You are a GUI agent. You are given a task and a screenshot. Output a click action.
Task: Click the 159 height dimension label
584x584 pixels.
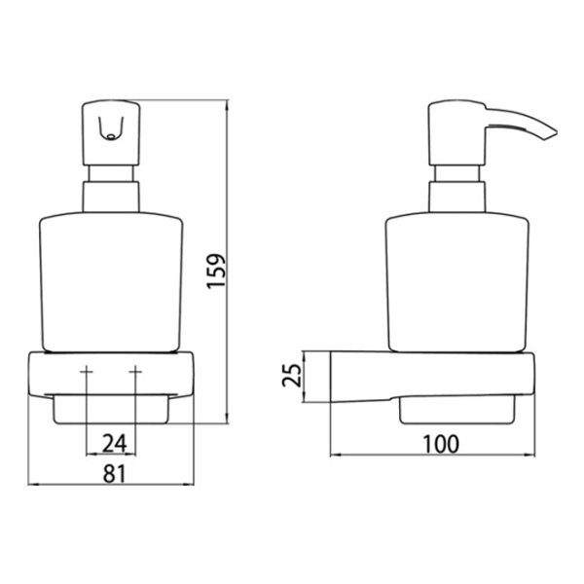click(216, 271)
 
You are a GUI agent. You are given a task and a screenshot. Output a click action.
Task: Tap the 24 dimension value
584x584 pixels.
click(114, 443)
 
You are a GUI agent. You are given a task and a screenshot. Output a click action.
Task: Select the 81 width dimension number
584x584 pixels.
click(115, 474)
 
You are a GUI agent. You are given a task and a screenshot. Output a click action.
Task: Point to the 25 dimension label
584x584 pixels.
click(292, 375)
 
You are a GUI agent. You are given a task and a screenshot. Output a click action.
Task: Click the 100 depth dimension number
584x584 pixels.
click(441, 444)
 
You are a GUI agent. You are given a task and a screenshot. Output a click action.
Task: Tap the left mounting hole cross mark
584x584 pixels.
click(87, 372)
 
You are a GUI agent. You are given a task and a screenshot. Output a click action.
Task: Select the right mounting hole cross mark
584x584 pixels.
click(135, 372)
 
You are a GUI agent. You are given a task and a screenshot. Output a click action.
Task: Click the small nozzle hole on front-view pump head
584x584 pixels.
click(110, 136)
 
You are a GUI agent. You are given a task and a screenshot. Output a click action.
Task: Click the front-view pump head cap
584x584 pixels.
click(111, 133)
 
